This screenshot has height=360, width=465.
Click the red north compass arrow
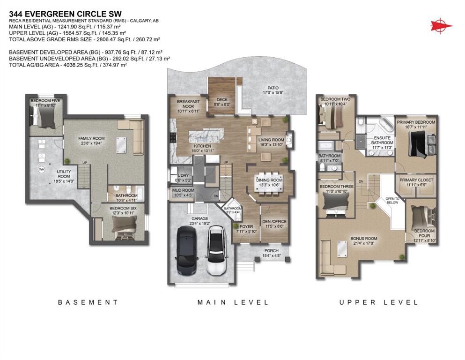coord(440,24)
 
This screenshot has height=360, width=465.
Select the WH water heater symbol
coord(42,169)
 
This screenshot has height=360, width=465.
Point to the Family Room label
coord(91,139)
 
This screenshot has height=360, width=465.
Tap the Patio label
coord(273,88)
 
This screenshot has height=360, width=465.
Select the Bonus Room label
coord(364,239)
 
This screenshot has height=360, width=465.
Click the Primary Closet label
coord(416,180)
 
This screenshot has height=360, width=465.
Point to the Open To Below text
coord(392,200)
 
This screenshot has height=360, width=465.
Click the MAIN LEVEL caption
coord(233,302)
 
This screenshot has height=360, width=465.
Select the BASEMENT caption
coord(88,302)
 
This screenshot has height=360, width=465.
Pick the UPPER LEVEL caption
coord(378,302)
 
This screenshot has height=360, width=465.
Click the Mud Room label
coord(182,190)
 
